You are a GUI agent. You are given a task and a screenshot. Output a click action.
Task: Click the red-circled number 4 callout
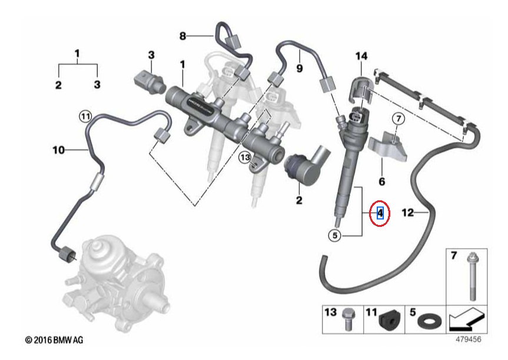(380, 213)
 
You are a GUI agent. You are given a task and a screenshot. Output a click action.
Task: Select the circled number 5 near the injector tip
(335, 235)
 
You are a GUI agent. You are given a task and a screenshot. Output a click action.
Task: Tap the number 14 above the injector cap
(361, 56)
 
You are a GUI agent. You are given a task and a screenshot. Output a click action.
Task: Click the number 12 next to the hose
(407, 213)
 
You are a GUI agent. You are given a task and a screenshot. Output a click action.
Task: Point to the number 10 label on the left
(59, 150)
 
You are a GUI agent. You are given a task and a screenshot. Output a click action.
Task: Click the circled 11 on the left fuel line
(85, 116)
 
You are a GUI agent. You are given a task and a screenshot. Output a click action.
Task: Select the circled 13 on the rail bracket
(245, 158)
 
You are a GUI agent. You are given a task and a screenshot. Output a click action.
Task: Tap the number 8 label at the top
(182, 36)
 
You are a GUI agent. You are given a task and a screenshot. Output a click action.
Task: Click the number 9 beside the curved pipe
(300, 68)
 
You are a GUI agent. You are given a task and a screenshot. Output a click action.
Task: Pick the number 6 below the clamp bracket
(382, 181)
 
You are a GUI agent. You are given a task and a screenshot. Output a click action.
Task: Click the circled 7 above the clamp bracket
(399, 118)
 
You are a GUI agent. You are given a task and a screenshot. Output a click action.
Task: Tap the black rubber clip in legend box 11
(389, 320)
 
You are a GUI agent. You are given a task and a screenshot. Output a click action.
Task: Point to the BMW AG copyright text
(54, 340)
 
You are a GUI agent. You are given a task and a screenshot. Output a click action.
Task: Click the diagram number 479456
(469, 339)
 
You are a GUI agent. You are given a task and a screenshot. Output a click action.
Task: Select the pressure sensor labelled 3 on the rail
(150, 82)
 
